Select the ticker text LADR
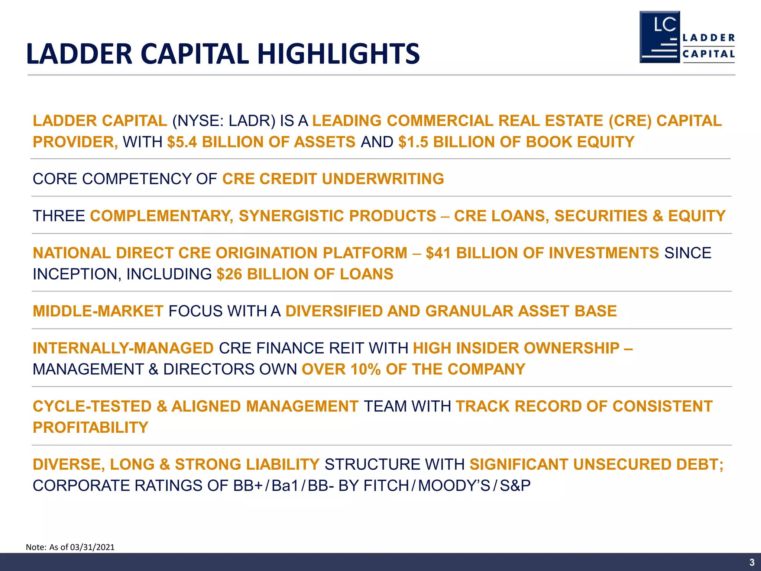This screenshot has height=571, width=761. tap(251, 121)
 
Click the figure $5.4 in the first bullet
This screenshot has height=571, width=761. tap(182, 142)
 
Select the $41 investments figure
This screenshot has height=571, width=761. tap(438, 253)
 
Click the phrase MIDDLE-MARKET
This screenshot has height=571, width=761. tap(98, 312)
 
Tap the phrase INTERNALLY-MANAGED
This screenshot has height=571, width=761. tap(123, 348)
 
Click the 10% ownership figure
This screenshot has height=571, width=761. tap(365, 370)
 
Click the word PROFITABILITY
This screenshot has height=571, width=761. tap(91, 428)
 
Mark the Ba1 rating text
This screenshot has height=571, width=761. tap(285, 486)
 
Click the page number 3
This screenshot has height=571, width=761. tap(752, 562)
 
